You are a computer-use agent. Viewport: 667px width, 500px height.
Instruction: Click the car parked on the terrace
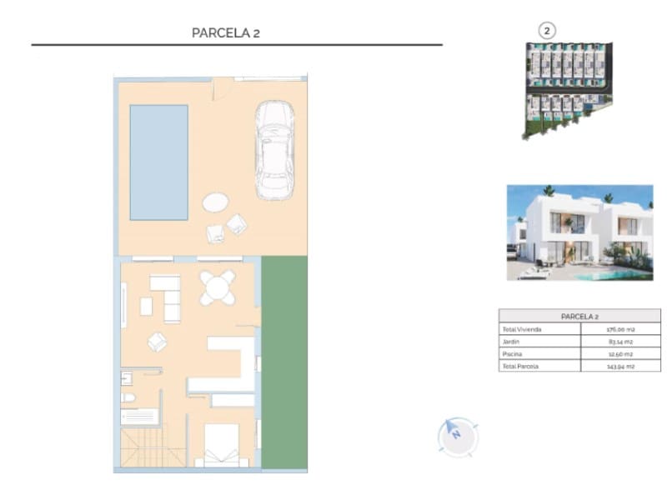pos(273,151)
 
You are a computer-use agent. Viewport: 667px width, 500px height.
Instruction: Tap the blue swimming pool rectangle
pos(158,162)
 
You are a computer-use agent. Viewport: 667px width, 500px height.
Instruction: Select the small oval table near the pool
pos(215,202)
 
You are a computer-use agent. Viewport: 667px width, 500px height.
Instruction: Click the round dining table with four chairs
pos(218,288)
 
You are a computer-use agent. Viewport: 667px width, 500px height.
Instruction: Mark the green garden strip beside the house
pos(284,362)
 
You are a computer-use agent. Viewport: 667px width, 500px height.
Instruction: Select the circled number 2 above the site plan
pos(547,31)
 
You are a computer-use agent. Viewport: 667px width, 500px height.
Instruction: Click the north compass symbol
pos(457,435)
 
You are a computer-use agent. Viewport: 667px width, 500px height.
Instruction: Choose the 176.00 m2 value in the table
pos(621,330)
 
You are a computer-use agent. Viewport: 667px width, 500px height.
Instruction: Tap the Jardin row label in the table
pos(511,342)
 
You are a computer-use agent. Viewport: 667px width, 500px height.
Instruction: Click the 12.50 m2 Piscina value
pos(621,353)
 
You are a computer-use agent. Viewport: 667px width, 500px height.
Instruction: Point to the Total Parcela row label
pos(521,366)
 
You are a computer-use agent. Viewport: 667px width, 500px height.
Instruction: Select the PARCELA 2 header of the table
pos(579,317)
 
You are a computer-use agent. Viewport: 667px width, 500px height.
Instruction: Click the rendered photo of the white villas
pos(579,232)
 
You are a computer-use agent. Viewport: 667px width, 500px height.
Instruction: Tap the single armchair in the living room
pos(157,342)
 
